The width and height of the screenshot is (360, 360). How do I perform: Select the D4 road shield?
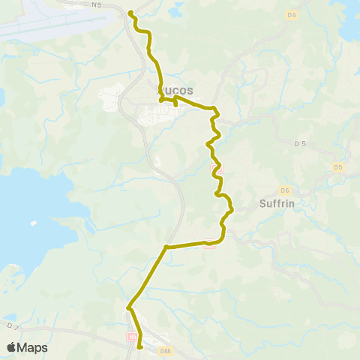pos(292,15)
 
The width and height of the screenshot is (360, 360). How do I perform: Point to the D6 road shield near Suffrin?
pos(285,190)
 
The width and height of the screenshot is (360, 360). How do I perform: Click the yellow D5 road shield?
pos(337,166)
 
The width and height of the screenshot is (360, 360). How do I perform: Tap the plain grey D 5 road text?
pos(300,142)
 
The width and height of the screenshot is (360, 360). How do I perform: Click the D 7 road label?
pos(11,326)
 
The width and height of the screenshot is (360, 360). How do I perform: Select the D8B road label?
pos(166,349)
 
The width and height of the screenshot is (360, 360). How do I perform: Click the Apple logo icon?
pos(11,347)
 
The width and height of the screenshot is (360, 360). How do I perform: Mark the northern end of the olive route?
pos(130,13)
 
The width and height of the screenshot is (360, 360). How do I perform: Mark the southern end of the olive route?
pos(140,346)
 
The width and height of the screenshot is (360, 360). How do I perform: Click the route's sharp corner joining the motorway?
pos(166,246)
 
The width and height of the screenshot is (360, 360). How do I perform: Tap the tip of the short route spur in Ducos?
pos(175,105)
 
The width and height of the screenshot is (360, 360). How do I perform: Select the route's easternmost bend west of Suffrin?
pos(231,209)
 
